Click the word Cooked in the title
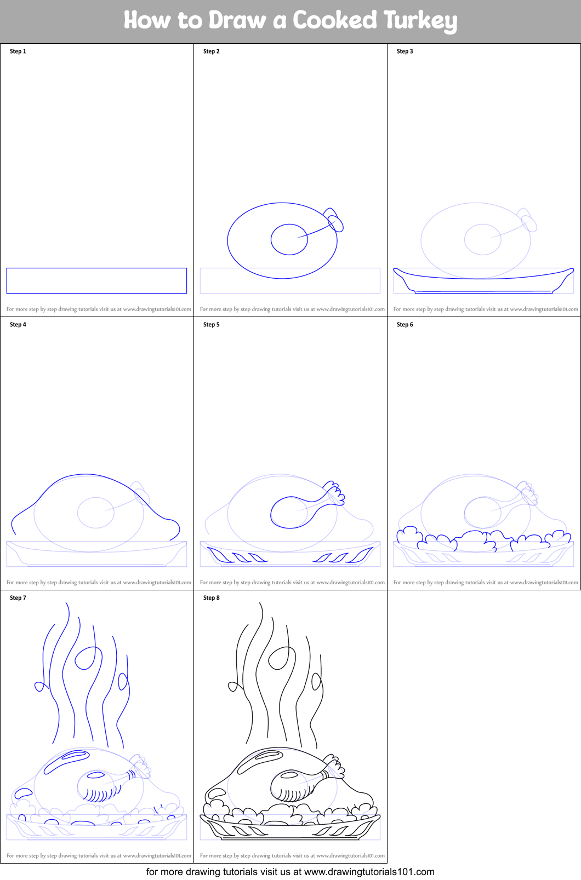(334, 20)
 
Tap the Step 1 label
(18, 51)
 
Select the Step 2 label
(212, 51)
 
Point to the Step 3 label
(405, 51)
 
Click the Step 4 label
(18, 325)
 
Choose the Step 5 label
(212, 325)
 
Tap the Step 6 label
(405, 325)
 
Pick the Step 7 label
(18, 597)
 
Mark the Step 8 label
(212, 597)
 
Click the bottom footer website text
(290, 872)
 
